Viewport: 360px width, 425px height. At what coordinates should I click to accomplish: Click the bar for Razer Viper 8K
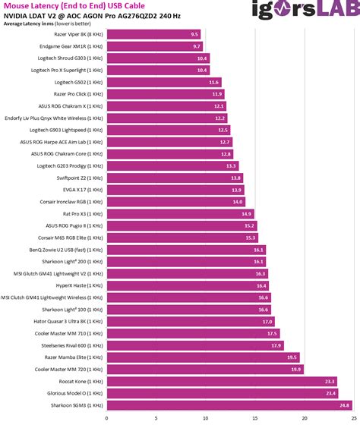[154, 34]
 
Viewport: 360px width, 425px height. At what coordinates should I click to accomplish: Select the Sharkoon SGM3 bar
[229, 405]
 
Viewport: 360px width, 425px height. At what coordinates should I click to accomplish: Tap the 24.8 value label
[344, 405]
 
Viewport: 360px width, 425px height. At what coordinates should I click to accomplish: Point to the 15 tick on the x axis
[255, 418]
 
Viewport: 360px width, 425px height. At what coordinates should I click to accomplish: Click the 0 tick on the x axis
[106, 418]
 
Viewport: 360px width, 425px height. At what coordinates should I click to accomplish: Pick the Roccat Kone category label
[81, 381]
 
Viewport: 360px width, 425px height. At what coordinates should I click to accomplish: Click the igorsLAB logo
[306, 9]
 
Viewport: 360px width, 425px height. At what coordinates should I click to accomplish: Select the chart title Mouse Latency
[74, 6]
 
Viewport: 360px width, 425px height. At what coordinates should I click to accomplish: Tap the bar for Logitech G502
[164, 82]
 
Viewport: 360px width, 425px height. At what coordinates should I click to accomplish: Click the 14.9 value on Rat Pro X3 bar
[246, 214]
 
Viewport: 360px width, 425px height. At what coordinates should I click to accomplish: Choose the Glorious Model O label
[75, 393]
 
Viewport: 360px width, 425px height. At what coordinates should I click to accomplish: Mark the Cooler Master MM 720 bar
[205, 369]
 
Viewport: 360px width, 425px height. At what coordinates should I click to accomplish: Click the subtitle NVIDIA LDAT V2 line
[92, 16]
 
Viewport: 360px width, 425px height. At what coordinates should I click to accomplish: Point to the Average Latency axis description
[47, 24]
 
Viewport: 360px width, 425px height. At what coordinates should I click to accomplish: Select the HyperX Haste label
[79, 285]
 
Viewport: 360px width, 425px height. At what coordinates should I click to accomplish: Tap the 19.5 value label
[292, 357]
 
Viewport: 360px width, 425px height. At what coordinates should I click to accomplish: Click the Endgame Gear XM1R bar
[155, 46]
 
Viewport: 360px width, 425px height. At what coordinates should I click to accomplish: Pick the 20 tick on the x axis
[305, 418]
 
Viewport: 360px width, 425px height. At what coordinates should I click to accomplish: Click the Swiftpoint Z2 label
[80, 178]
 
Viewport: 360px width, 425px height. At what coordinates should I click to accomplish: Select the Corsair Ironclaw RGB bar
[176, 202]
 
